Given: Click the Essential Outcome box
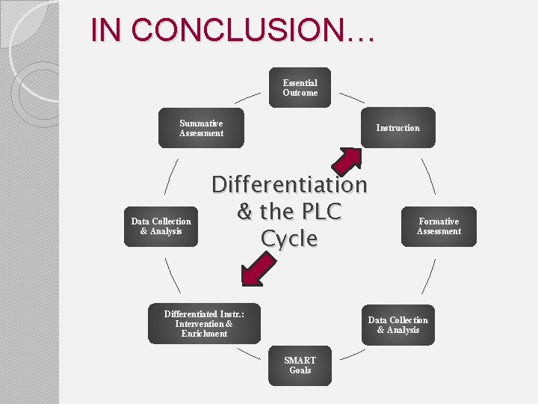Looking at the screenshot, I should [x=300, y=88].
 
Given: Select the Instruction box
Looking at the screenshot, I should [x=398, y=128].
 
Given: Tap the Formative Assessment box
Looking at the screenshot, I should [x=439, y=226].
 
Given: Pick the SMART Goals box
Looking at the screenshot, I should [x=300, y=365].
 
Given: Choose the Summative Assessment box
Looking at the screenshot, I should [x=201, y=128].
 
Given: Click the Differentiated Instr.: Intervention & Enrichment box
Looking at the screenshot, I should [x=203, y=324].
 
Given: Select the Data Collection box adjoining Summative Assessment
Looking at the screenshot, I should [x=161, y=226].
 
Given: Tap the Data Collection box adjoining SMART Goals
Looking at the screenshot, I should [x=398, y=325].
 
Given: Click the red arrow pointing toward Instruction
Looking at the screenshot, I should [x=346, y=160].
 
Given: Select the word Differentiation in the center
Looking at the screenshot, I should [x=289, y=184].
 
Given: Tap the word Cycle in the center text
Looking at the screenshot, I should [x=289, y=239].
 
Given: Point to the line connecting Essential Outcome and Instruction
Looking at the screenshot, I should [x=352, y=98].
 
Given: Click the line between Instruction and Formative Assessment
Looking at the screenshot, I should [x=428, y=175].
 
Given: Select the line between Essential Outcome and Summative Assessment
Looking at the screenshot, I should [x=248, y=98].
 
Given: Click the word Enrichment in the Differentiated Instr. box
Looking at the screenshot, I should [x=204, y=334].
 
